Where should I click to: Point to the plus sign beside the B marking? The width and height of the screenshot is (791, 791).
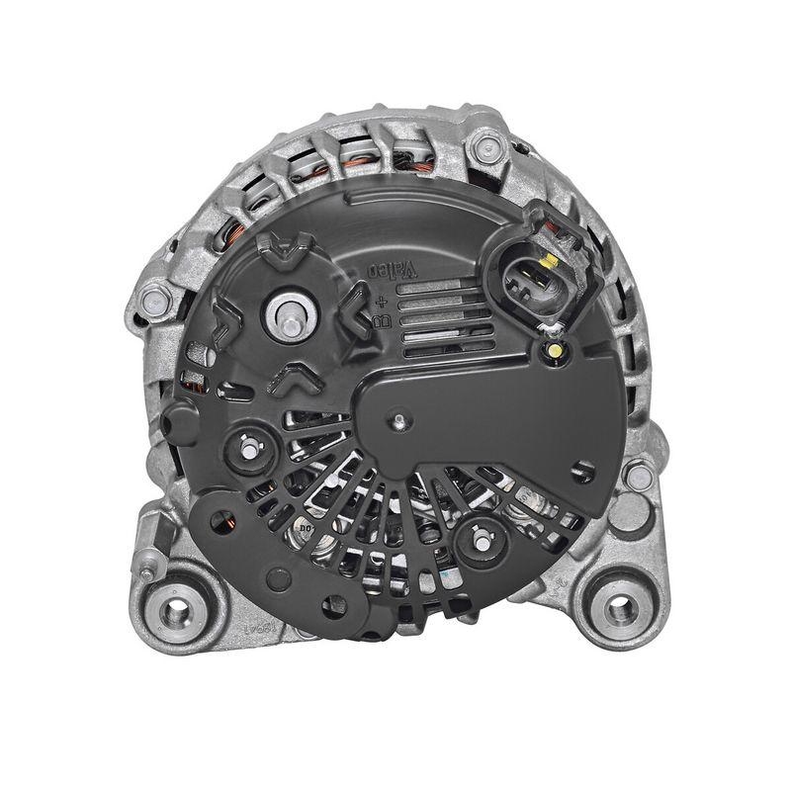381,300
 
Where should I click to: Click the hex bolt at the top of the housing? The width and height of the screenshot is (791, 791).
484,148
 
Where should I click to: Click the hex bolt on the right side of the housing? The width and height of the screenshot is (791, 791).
640,478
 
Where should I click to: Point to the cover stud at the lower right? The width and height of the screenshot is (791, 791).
479,540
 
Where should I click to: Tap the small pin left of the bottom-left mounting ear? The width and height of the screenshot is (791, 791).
147,574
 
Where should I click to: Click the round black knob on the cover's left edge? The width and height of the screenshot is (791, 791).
179,423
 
